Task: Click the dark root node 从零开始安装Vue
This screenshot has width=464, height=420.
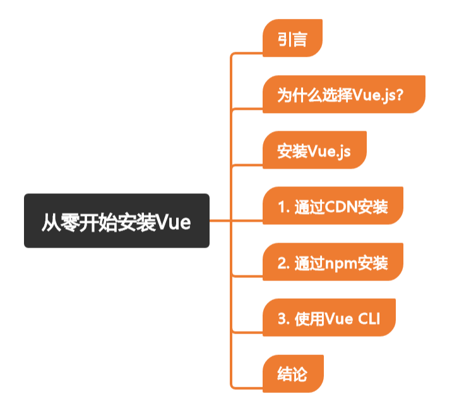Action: pyautogui.click(x=116, y=220)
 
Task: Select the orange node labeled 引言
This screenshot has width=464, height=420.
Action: pyautogui.click(x=292, y=39)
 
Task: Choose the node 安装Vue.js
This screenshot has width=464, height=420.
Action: pyautogui.click(x=314, y=152)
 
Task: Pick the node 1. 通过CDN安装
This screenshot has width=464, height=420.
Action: pyautogui.click(x=332, y=207)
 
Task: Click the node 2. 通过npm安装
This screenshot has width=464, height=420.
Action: pyautogui.click(x=332, y=262)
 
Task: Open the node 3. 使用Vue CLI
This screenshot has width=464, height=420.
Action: pyautogui.click(x=328, y=318)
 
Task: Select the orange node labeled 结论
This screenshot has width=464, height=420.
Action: pyautogui.click(x=292, y=374)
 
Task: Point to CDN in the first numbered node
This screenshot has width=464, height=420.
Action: pyautogui.click(x=342, y=207)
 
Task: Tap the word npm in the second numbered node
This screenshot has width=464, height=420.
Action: pyautogui.click(x=341, y=263)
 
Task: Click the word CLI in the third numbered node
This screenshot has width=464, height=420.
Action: pyautogui.click(x=371, y=319)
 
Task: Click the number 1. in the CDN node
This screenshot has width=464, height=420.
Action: pyautogui.click(x=282, y=207)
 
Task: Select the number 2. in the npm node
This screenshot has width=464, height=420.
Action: pyautogui.click(x=282, y=263)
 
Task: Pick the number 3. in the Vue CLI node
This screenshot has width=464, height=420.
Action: pyautogui.click(x=282, y=319)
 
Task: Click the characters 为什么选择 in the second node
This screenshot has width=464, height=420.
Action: pyautogui.click(x=308, y=96)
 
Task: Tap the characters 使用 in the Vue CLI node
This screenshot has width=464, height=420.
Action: pyautogui.click(x=309, y=319)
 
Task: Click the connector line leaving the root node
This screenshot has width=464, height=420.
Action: pyautogui.click(x=220, y=220)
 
